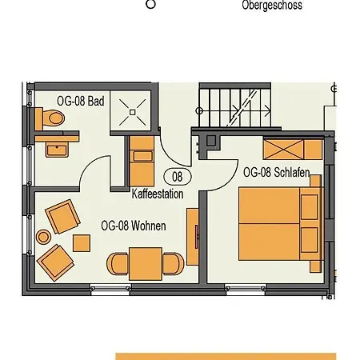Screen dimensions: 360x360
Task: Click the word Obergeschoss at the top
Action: (x=272, y=6)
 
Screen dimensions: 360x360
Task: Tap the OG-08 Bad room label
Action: (x=81, y=102)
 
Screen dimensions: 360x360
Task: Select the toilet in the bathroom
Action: (x=50, y=118)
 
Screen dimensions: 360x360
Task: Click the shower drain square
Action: (x=133, y=112)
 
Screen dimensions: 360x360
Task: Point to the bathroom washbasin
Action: (x=57, y=150)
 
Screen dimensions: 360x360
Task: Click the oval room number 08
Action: (x=178, y=177)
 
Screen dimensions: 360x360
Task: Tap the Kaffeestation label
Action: (x=158, y=194)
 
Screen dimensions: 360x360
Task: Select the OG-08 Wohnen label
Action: (x=134, y=226)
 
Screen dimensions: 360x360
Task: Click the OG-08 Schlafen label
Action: (x=277, y=173)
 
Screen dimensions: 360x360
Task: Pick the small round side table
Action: (x=43, y=237)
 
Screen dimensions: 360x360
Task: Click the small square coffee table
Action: (x=82, y=243)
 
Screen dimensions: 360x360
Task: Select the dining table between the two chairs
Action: (x=146, y=264)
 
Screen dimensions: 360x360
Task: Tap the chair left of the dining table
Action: (x=118, y=264)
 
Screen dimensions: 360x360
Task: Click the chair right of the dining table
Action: (x=174, y=264)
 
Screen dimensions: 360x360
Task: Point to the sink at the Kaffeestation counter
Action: (x=143, y=156)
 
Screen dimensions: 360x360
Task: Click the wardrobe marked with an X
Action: (x=283, y=150)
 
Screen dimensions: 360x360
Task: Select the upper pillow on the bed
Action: (x=309, y=207)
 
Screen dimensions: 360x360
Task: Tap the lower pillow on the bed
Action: (x=309, y=240)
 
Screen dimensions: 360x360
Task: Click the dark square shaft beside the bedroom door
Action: (x=211, y=141)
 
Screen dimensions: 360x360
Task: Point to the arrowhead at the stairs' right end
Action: (x=268, y=110)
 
